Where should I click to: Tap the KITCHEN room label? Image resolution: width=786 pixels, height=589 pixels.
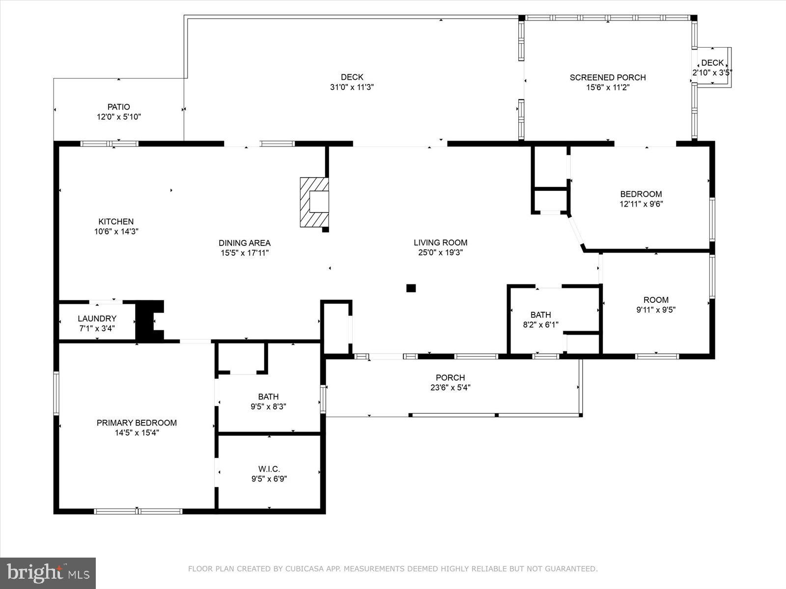116,221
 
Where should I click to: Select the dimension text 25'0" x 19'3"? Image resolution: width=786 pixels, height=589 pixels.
440,253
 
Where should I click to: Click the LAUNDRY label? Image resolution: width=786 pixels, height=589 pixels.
97,319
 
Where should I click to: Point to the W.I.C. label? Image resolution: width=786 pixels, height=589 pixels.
269,469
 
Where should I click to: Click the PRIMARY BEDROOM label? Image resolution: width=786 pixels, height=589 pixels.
137,423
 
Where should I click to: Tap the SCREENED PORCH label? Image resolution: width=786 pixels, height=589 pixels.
607,77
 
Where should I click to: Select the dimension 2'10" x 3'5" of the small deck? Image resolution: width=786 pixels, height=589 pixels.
712,72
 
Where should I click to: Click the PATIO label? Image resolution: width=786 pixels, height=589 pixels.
119,107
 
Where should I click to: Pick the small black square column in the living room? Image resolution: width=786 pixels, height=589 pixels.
411,288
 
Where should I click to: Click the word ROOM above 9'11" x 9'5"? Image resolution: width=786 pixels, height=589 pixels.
656,300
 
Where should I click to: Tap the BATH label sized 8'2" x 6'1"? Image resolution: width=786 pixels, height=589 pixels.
540,315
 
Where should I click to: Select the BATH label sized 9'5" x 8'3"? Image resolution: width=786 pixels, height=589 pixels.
268,397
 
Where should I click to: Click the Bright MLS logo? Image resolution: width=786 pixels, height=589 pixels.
48,573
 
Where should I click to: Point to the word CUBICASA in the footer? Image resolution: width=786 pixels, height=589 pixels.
305,569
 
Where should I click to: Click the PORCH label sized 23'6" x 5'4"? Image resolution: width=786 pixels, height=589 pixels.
450,377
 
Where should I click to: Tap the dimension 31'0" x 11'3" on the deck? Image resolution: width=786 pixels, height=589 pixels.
352,87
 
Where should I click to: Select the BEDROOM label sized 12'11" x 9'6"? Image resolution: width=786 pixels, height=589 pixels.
641,194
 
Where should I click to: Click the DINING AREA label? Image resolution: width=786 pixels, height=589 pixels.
244,242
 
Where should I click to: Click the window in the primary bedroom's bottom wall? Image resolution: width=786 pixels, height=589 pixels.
138,511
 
